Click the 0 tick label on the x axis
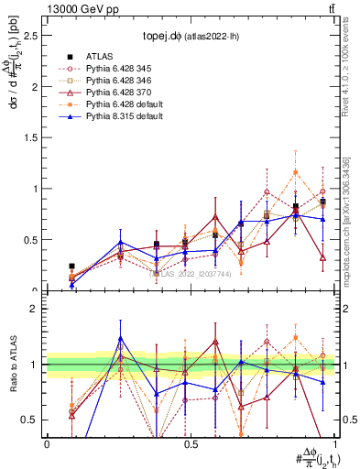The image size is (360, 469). pos(47,443)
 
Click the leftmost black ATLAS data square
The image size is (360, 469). pos(71,267)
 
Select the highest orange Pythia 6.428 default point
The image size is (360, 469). pos(295,172)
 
